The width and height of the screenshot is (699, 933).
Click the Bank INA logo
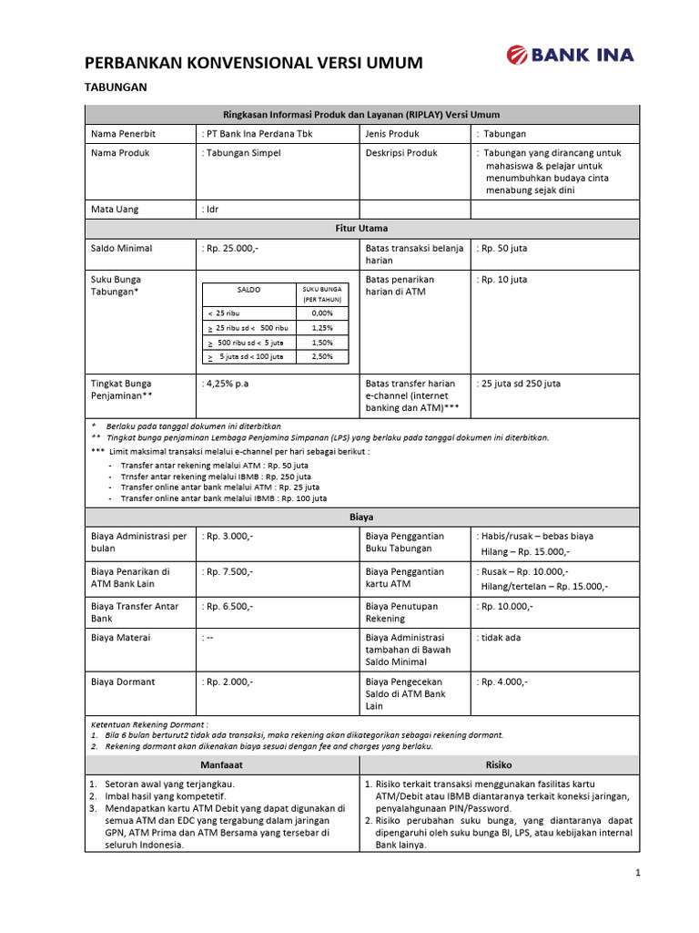point(570,56)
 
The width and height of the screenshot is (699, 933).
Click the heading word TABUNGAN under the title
point(116,87)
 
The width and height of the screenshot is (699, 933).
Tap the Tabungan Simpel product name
point(242,153)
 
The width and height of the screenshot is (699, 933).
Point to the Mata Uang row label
point(115,210)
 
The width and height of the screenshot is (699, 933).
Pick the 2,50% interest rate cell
point(321,356)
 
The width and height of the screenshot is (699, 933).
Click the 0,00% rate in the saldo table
point(321,313)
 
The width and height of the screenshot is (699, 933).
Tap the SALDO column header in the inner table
point(248,289)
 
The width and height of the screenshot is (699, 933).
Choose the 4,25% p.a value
point(226,384)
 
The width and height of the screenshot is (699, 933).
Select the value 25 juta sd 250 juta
point(520,384)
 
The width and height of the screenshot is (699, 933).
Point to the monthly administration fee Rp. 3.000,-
point(228,537)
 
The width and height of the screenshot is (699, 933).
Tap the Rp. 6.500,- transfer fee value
point(228,606)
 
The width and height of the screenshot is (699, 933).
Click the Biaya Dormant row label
point(123,681)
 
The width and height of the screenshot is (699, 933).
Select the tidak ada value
point(501,638)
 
